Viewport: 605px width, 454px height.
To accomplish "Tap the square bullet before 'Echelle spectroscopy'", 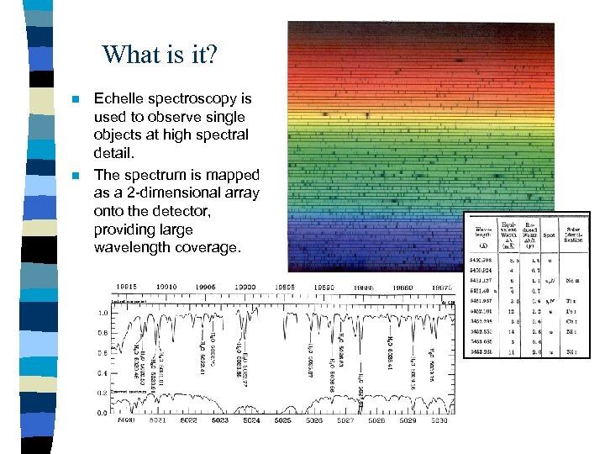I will pos(75,100).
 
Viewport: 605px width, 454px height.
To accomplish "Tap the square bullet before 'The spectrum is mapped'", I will pos(75,176).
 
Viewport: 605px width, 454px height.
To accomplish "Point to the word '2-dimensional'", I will pos(172,193).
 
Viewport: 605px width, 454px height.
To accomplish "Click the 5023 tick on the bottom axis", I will pos(220,420).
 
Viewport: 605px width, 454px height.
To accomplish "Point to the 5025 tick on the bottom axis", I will pos(282,420).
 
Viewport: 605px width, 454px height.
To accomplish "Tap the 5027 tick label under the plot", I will pos(345,420).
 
